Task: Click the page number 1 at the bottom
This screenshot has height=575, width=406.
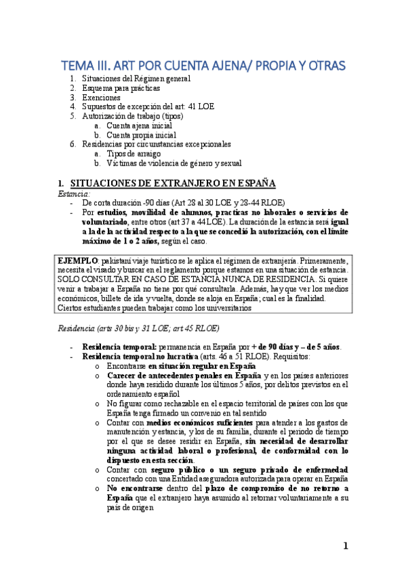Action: point(344,547)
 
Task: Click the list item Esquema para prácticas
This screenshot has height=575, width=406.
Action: point(121,88)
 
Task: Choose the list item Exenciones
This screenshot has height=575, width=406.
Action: point(101,98)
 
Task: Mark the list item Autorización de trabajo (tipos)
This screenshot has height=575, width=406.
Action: point(130,116)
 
